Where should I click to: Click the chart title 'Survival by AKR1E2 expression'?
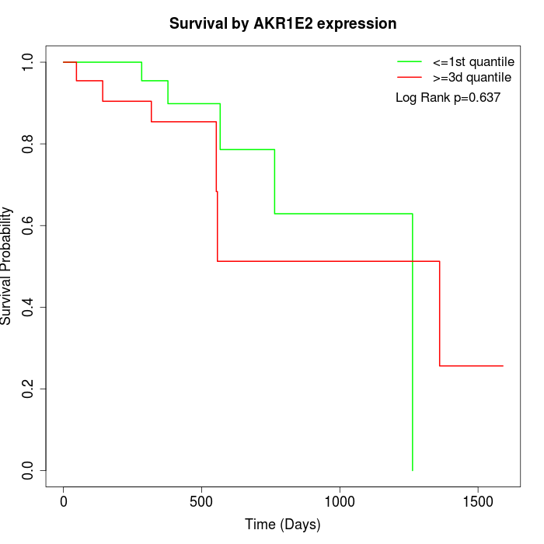[283, 23]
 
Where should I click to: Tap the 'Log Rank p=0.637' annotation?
[448, 98]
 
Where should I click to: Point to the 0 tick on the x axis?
[64, 502]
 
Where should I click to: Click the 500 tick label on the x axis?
[202, 502]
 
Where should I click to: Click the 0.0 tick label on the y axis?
[29, 470]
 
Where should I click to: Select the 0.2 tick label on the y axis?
[29, 389]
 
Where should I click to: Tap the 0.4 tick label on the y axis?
[29, 307]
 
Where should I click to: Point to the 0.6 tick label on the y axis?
[29, 225]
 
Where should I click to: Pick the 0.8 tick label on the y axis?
[29, 144]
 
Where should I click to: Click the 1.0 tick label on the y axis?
[29, 62]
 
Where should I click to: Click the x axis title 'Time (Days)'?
[283, 525]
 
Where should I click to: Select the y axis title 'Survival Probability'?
[8, 266]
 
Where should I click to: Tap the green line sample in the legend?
[410, 61]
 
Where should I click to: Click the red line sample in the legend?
[410, 77]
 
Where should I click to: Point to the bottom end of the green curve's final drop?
[412, 470]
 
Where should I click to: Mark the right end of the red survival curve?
[503, 365]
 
